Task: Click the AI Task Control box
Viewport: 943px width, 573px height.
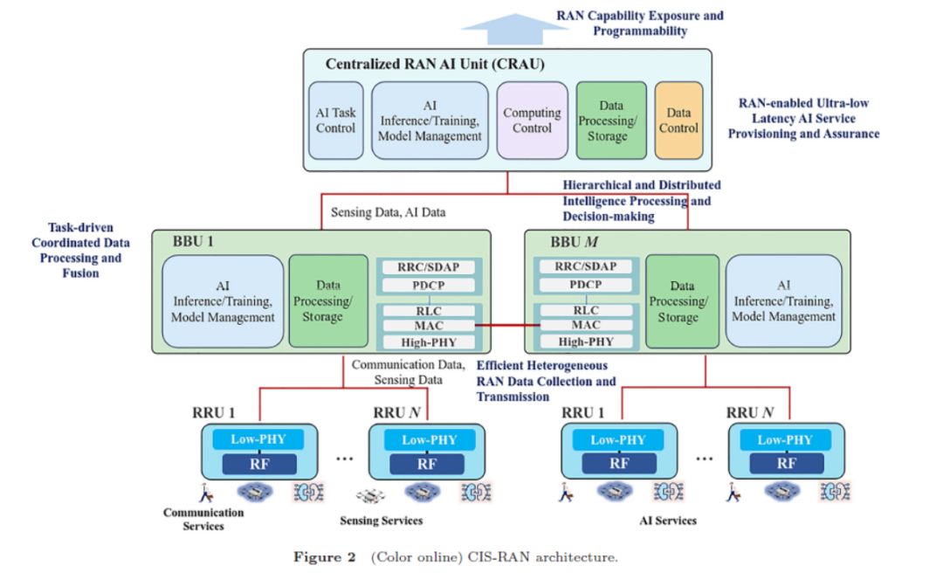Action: pyautogui.click(x=335, y=121)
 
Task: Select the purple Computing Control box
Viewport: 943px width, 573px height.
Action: pyautogui.click(x=533, y=121)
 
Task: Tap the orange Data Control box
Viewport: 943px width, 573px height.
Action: pyautogui.click(x=678, y=121)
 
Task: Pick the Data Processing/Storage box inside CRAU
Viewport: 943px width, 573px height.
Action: pyautogui.click(x=611, y=121)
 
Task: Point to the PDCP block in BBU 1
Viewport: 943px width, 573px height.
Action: pyautogui.click(x=428, y=286)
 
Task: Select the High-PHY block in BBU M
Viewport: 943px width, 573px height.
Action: pyautogui.click(x=586, y=342)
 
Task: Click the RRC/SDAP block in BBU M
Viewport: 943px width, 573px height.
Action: pyautogui.click(x=586, y=266)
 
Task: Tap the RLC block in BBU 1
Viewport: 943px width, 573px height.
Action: pyautogui.click(x=428, y=311)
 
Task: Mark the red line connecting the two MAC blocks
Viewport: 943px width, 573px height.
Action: pyautogui.click(x=507, y=325)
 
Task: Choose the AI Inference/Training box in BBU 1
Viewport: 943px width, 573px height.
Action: pyautogui.click(x=223, y=301)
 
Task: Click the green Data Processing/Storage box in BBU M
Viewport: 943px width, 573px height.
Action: pyautogui.click(x=682, y=301)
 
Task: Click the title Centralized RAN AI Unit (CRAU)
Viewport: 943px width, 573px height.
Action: pyautogui.click(x=435, y=64)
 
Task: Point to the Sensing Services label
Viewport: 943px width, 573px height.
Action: pyautogui.click(x=382, y=521)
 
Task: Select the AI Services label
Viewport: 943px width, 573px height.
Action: pyautogui.click(x=668, y=521)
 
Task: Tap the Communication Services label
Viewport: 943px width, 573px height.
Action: pyautogui.click(x=203, y=519)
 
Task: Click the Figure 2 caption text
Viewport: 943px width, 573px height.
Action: pyautogui.click(x=455, y=557)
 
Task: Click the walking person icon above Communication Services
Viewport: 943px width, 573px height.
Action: pyautogui.click(x=206, y=493)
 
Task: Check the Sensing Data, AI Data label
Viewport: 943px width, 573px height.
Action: pyautogui.click(x=388, y=212)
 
